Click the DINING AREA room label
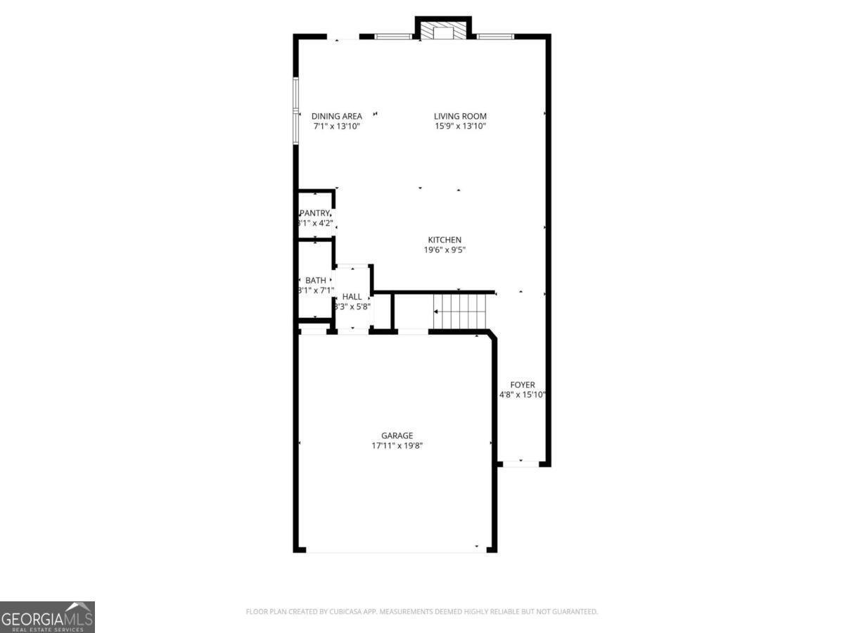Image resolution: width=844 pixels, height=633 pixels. pos(337,116)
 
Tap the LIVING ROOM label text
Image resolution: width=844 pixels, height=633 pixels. pos(460,116)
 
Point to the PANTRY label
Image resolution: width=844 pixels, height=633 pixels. pos(315,213)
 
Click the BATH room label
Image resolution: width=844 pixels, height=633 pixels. pos(316,281)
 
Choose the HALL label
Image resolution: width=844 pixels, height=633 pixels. pos(352,297)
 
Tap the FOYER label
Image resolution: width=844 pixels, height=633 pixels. pos(523,385)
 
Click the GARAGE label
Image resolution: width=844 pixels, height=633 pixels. pos(397,435)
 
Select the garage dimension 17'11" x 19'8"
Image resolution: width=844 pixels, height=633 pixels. pos(397,445)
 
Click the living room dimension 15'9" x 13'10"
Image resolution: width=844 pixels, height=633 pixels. pos(460,127)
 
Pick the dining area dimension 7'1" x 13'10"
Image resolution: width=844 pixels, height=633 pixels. pos(337,127)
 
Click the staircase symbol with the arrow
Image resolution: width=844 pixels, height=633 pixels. pos(459,311)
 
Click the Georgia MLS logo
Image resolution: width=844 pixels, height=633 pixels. pos(47,617)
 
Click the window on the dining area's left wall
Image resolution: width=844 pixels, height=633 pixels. pos(296,110)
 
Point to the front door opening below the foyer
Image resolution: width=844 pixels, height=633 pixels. pos(521,463)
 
